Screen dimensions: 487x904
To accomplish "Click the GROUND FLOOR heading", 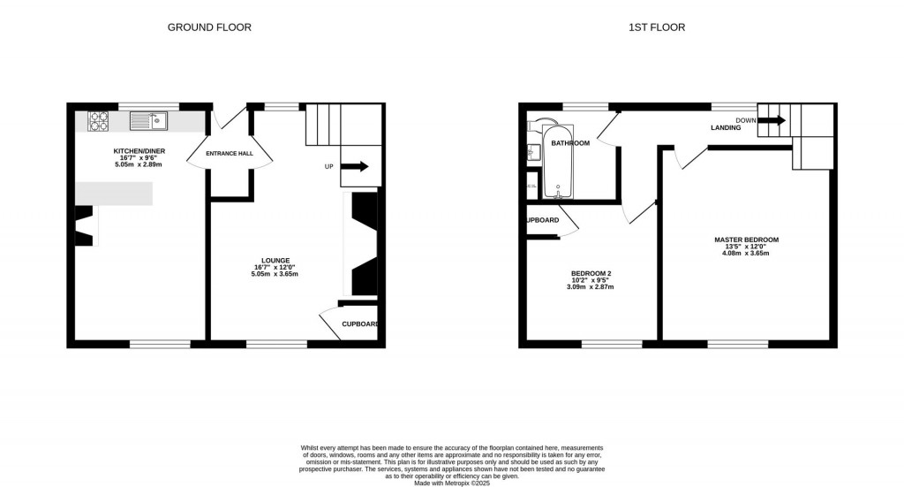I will tap(209, 27).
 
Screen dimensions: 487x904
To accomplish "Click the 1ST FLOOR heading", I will tap(657, 27).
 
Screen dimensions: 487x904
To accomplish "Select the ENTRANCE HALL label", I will tap(230, 154).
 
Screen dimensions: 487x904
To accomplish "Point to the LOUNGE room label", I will tap(275, 261).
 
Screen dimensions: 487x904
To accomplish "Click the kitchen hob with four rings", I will tap(98, 121).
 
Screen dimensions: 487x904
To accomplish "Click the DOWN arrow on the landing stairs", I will tap(771, 120).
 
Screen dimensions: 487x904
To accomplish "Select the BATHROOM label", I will tap(570, 143).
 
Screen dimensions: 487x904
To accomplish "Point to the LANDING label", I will tap(726, 128).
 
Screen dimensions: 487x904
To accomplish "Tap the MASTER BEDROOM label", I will tap(746, 240).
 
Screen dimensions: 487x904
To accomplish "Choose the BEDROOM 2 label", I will tap(590, 272).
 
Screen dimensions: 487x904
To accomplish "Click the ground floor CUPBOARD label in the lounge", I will tap(360, 324).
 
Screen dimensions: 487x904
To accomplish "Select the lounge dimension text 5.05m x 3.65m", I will tap(275, 275).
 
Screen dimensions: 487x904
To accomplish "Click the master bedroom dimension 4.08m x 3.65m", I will tap(746, 254).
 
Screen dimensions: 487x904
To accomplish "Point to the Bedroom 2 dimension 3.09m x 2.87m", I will tap(590, 286).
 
